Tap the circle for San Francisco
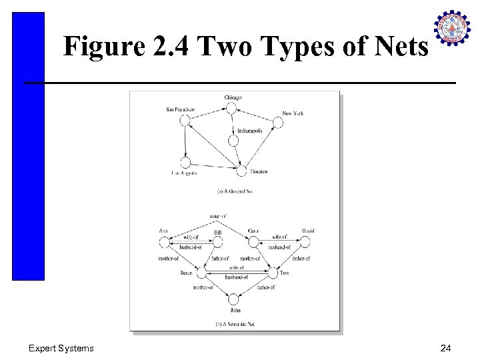pos(185,120)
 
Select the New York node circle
pos(278,123)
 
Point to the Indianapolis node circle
pos(233,141)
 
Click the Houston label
pos(259,172)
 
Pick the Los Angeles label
pos(184,173)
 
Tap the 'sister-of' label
pos(218,217)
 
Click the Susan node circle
pos(201,272)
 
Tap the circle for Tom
pos(272,272)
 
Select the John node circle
pos(234,299)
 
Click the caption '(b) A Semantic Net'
pos(235,324)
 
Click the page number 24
pos(445,348)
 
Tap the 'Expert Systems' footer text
pos(61,348)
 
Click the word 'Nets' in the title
pos(399,47)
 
